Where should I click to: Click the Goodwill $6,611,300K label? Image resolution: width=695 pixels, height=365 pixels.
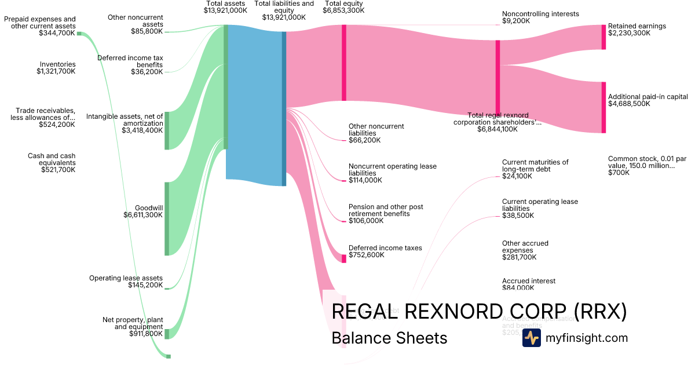coord(143,211)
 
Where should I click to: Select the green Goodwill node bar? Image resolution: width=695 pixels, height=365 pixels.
coord(167,218)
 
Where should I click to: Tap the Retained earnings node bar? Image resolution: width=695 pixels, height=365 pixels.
coord(603,37)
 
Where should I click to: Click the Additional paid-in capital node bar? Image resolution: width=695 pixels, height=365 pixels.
coord(603,107)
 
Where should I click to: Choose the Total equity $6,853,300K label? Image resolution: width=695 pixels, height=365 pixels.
coord(344,7)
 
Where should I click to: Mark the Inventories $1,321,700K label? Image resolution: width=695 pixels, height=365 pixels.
coord(56,68)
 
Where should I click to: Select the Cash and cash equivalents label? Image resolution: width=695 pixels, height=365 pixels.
coord(51,163)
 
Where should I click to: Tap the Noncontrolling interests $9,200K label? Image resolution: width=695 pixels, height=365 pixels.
coord(540,17)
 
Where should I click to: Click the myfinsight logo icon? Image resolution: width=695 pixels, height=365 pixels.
coord(531,338)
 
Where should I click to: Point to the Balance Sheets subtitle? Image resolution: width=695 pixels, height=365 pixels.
coord(389,338)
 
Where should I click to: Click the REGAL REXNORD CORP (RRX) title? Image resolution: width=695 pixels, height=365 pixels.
coord(479,311)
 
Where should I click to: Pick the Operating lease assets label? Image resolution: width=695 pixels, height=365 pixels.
coord(126,282)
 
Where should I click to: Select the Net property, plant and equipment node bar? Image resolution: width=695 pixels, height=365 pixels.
coord(167,334)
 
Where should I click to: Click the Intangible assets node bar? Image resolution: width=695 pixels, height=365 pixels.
coord(167,130)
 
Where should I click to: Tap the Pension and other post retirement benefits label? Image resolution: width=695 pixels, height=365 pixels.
coord(386,214)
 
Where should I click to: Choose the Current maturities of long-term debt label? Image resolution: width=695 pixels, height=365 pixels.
coord(535,169)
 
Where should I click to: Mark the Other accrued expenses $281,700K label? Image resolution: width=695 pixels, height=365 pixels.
coord(525,250)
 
